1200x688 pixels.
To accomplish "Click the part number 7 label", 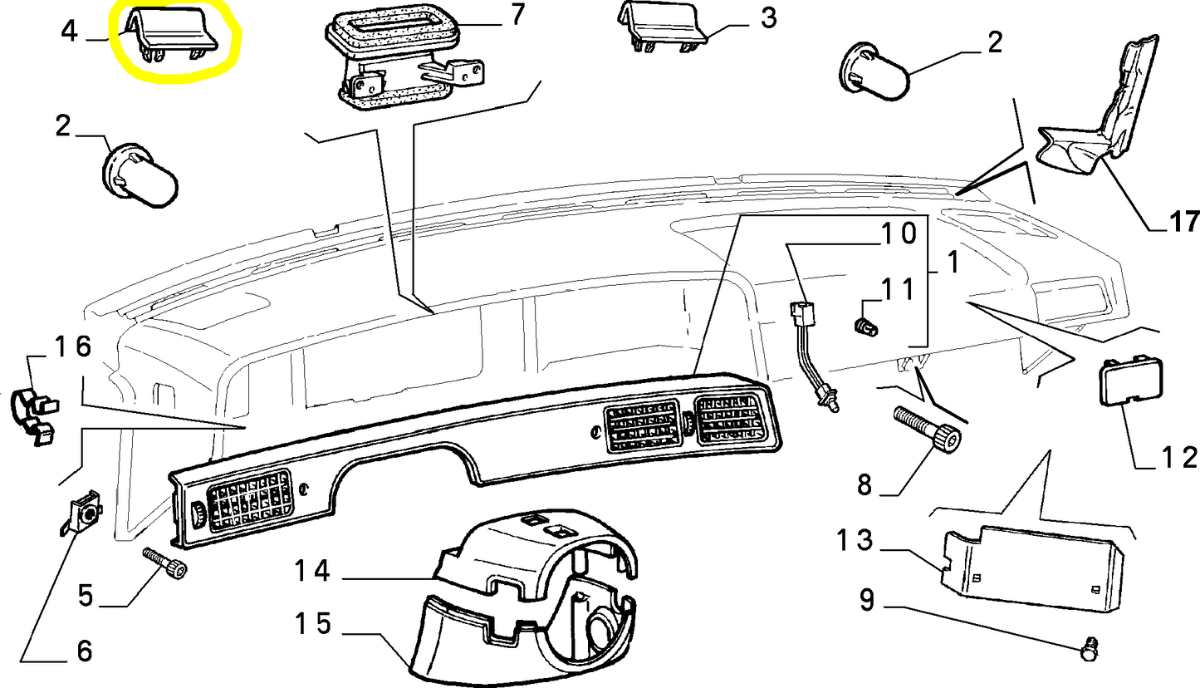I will click(518, 14).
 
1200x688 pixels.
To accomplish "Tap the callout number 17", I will click(1184, 222).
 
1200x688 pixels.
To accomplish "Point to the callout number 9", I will click(866, 600).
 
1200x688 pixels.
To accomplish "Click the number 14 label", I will click(311, 571).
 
